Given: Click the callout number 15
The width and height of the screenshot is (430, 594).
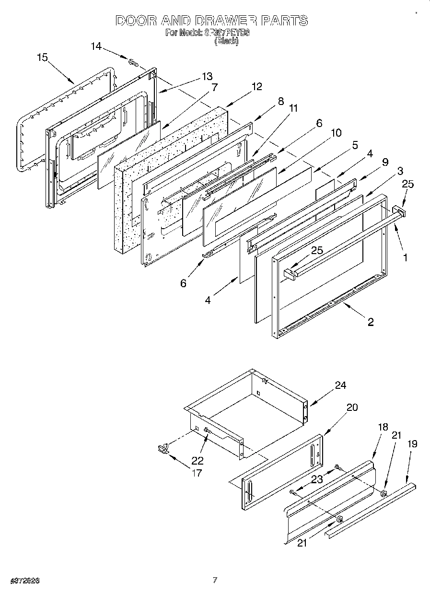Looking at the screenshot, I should [x=42, y=58].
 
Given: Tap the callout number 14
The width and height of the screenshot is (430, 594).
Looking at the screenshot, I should [x=96, y=46].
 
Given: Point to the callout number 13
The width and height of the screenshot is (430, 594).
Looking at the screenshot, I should [x=207, y=77].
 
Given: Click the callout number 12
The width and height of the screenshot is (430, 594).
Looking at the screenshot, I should [x=256, y=86].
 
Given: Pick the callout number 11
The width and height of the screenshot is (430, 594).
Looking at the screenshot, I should [x=293, y=108].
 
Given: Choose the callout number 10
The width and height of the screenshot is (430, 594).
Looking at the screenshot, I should [x=336, y=132].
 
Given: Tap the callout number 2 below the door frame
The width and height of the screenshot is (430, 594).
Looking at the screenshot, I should [x=371, y=322].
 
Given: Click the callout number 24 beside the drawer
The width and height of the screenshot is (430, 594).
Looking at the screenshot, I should [x=340, y=385].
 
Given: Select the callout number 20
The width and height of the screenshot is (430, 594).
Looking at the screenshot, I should [x=352, y=408].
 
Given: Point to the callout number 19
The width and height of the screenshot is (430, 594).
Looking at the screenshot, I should [x=412, y=444].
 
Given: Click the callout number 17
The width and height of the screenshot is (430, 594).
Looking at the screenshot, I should [x=196, y=473].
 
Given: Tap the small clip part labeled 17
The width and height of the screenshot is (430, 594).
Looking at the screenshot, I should [x=163, y=448].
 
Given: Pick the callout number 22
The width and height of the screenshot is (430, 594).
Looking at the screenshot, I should [x=197, y=461].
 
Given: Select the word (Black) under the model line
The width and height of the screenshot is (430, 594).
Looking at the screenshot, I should [x=226, y=41].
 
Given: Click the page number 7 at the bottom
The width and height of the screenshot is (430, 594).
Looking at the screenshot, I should [x=215, y=580].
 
